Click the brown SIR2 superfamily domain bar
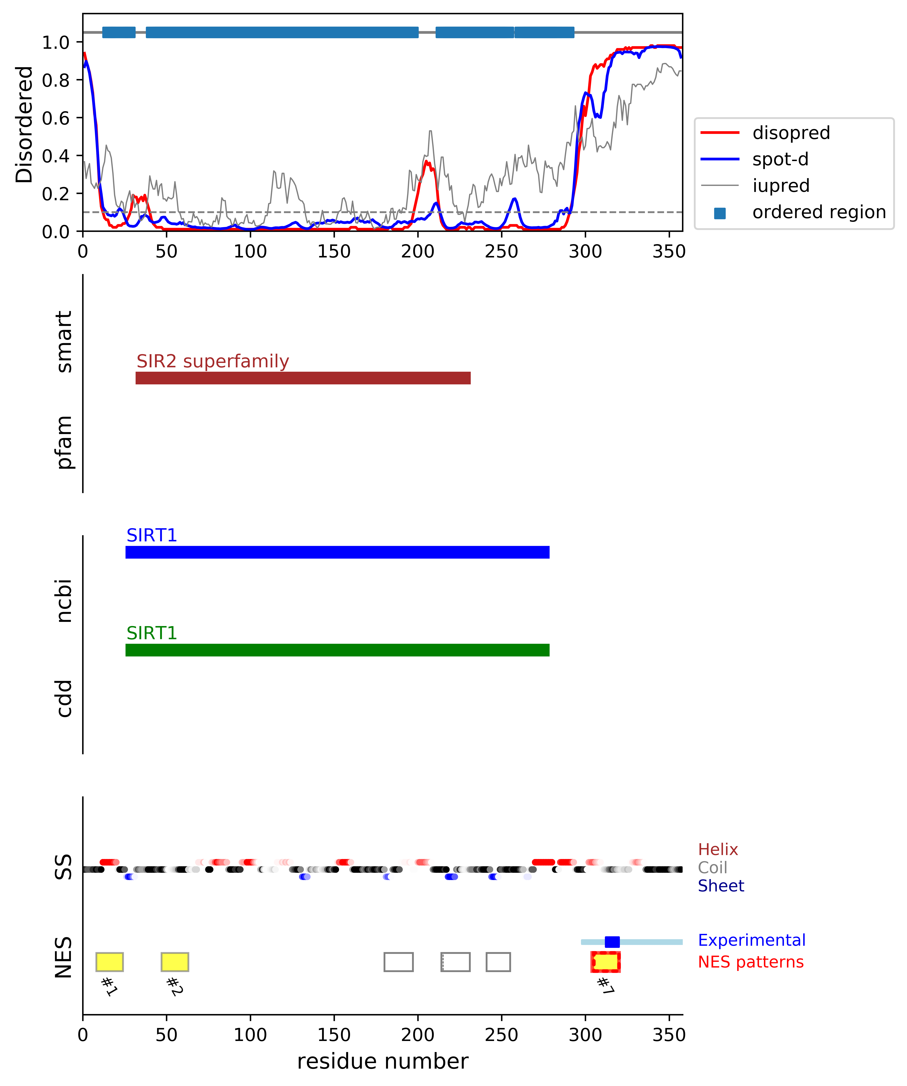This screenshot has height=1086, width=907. click(x=303, y=378)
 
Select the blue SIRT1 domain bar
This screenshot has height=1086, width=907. click(x=337, y=552)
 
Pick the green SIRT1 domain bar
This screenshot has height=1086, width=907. click(x=337, y=650)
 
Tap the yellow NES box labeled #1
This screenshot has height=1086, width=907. click(x=110, y=962)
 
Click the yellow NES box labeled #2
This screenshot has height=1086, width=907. click(x=175, y=962)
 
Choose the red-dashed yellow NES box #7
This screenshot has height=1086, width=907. click(x=605, y=962)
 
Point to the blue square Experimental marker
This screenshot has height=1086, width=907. click(x=612, y=942)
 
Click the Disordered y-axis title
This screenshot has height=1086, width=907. click(x=24, y=124)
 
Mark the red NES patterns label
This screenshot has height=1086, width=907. click(x=750, y=962)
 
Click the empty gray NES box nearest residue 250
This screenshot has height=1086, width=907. click(x=498, y=962)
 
